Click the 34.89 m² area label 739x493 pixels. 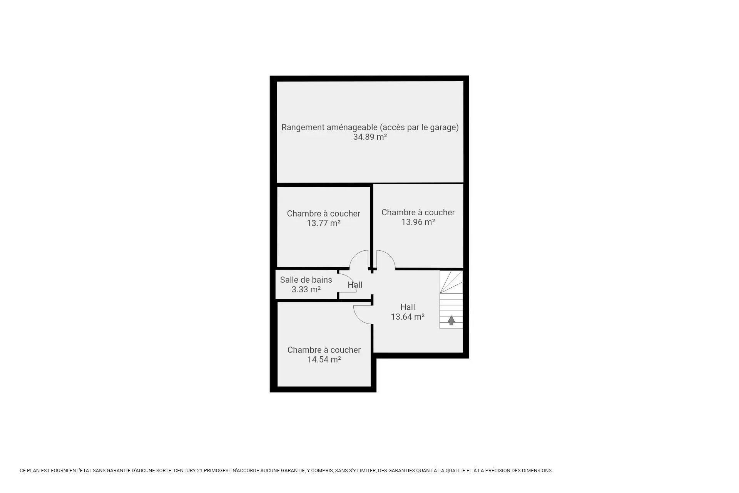coord(370,137)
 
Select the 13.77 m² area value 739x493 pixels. coord(323,223)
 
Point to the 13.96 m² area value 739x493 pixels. coord(418,222)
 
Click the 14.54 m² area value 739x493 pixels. coord(324,360)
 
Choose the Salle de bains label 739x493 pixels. coord(306,280)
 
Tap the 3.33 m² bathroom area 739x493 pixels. coord(306,290)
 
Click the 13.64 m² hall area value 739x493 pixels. coord(408,317)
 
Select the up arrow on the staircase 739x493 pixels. coord(451,320)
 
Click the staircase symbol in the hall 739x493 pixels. coord(451,300)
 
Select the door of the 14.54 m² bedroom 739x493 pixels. coord(361,315)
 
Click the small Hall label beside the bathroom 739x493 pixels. coord(355,285)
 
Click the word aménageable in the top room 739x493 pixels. coord(352,127)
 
